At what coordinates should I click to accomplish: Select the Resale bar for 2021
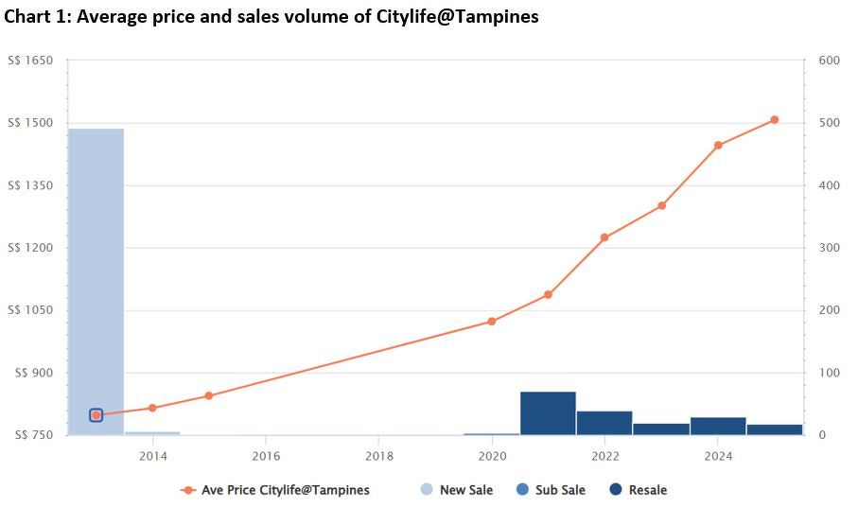coord(548,413)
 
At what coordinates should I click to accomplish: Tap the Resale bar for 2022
coord(604,423)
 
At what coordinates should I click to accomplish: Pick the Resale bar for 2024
coord(718,426)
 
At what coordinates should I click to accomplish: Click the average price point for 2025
coord(774,120)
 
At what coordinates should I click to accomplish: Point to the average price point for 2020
coord(492,322)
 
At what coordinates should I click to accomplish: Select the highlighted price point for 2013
coord(96,415)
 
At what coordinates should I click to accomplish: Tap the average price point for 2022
coord(604,237)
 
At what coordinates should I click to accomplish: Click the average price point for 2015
coord(209,395)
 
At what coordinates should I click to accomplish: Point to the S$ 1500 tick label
coord(30,123)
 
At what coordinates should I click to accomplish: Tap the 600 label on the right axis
coord(829,61)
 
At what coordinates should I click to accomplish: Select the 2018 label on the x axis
coord(378,457)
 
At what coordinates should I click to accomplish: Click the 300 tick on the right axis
coord(829,248)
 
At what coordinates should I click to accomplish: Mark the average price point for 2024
coord(718,146)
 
